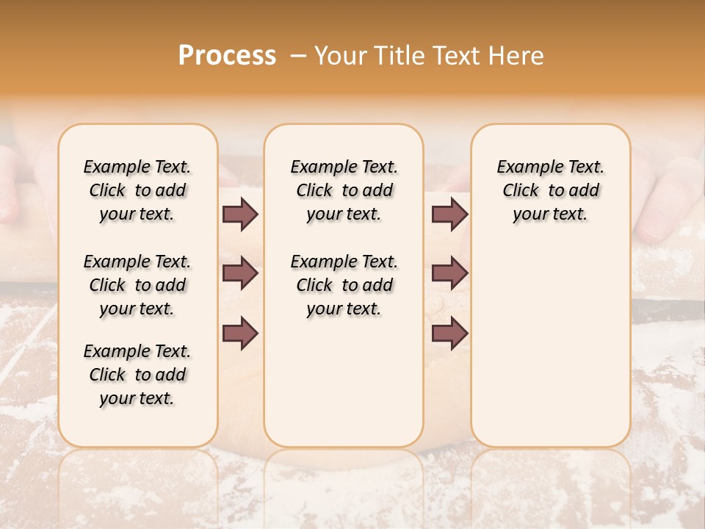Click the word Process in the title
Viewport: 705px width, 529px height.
[x=227, y=56]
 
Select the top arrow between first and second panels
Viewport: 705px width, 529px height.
[x=240, y=214]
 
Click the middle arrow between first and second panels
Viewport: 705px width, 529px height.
[x=240, y=274]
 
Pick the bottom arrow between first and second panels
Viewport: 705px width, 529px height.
[x=240, y=334]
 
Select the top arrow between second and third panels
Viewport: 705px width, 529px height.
[x=449, y=214]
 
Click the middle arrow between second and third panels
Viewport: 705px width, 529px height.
[x=449, y=274]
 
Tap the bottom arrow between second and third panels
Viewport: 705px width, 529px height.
[x=449, y=334]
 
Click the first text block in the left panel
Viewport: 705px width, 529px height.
[x=137, y=190]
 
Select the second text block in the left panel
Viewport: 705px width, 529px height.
[x=137, y=285]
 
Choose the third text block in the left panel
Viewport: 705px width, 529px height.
[x=137, y=375]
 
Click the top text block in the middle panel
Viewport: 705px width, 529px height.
[x=344, y=190]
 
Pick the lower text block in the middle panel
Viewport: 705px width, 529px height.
[x=344, y=285]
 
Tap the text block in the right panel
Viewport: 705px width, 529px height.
[x=550, y=190]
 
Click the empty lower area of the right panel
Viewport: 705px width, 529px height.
[x=550, y=345]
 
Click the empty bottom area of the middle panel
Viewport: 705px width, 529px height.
[x=344, y=389]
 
